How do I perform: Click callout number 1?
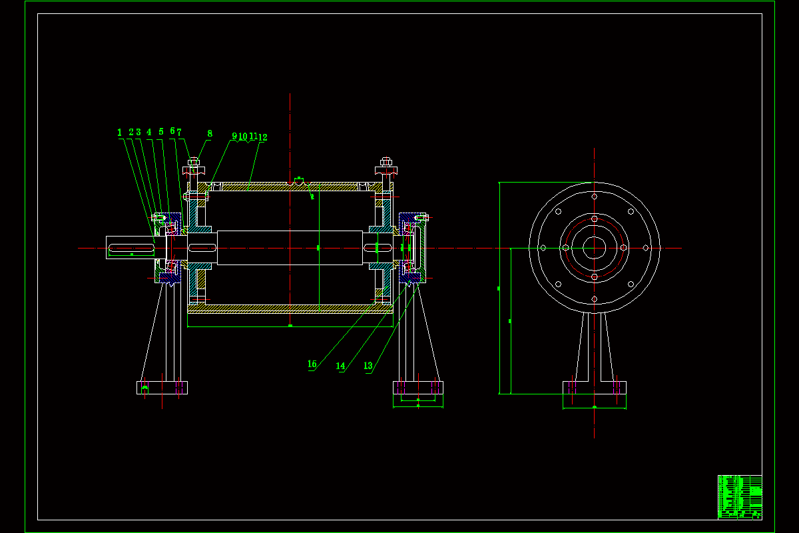120,133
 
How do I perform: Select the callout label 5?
161,132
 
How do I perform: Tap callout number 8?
210,134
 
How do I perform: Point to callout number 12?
263,137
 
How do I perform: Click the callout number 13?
368,366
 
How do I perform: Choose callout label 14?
341,366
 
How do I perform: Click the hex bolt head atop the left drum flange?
194,161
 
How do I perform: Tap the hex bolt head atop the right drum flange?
386,161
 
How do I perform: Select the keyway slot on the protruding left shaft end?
131,249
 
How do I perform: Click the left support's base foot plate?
162,387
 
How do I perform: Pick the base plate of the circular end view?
595,387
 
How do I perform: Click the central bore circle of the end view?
595,248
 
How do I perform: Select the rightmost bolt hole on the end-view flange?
645,248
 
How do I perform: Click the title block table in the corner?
740,496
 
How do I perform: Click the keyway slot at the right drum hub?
377,248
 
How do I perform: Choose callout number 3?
138,132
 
